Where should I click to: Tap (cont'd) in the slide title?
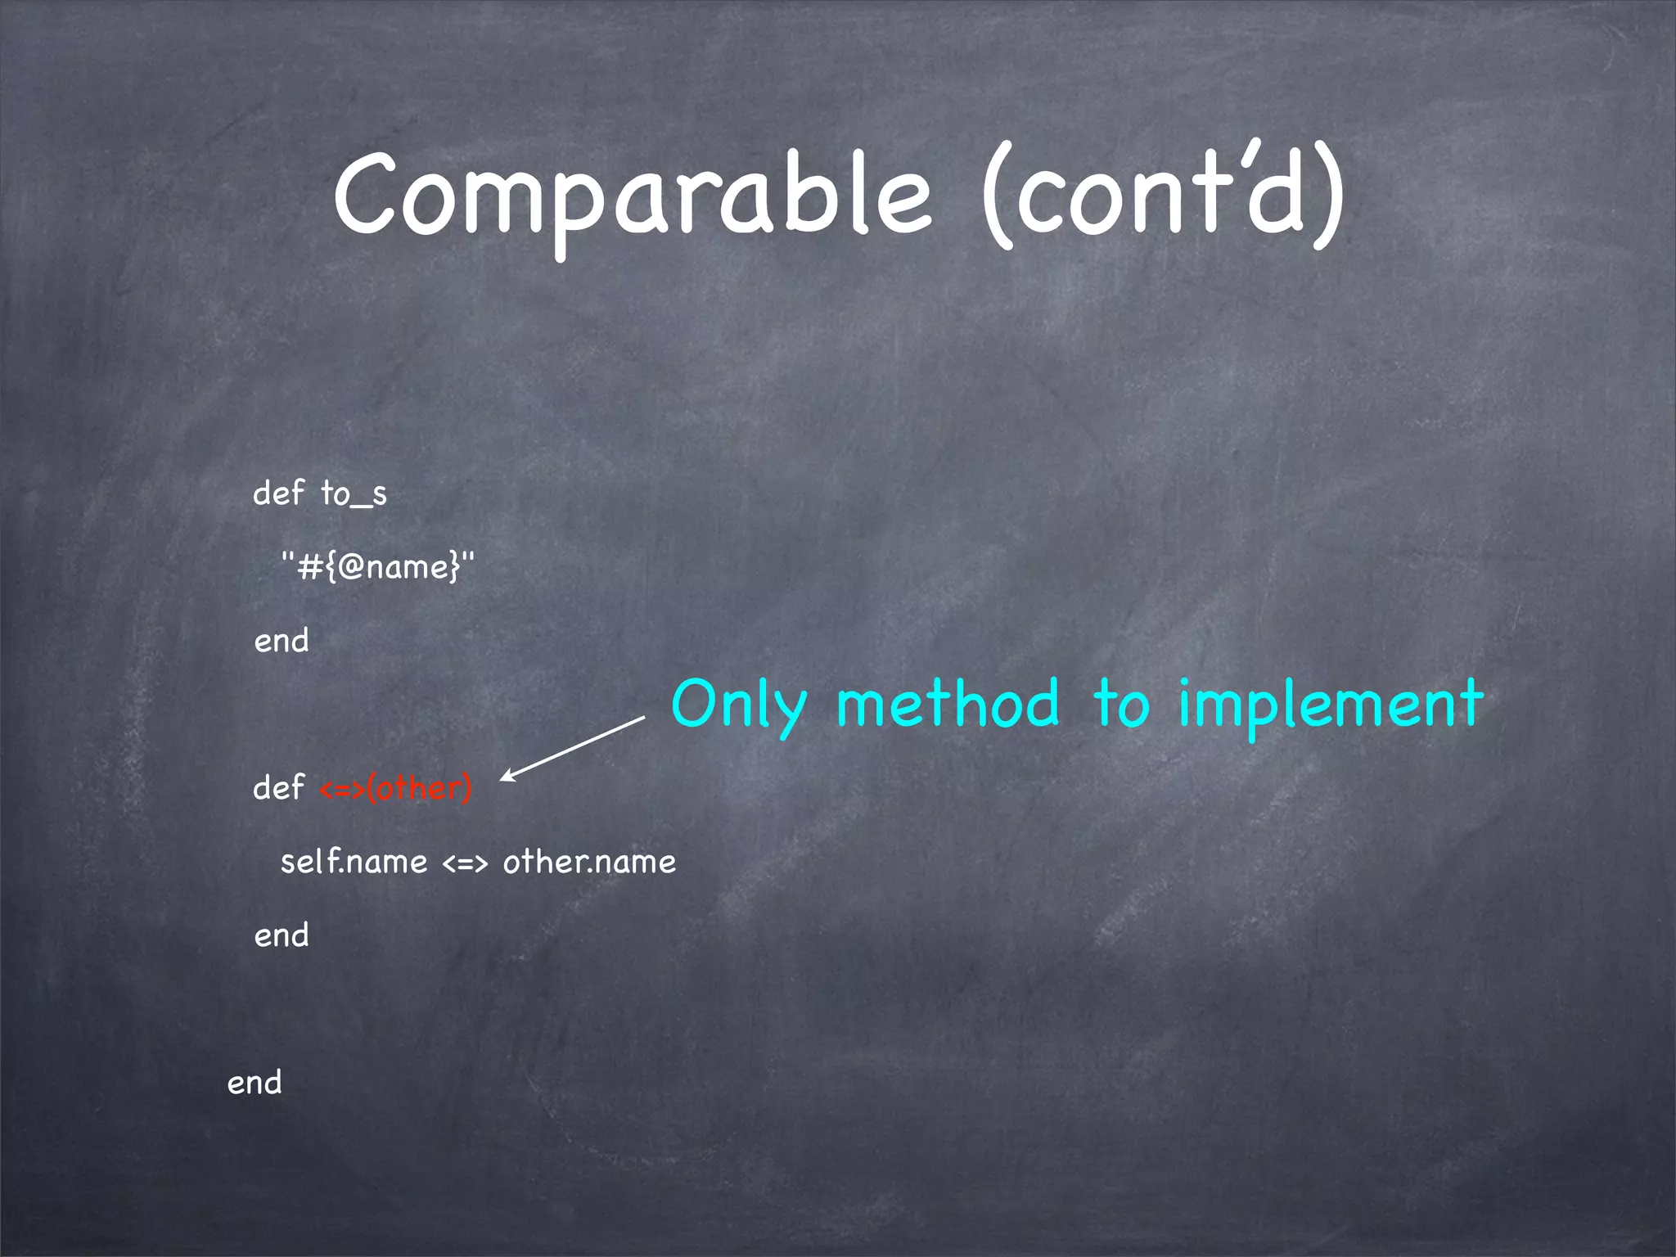(1162, 196)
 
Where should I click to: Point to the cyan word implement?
(1330, 705)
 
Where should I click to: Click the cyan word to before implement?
(1120, 705)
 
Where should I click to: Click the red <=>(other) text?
(395, 788)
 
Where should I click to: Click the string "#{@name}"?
(377, 566)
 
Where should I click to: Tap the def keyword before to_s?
(278, 493)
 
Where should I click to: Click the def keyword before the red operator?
(278, 787)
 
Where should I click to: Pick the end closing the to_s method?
(282, 641)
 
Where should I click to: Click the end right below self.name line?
(282, 935)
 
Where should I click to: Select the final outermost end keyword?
(255, 1083)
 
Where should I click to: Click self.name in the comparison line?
(354, 862)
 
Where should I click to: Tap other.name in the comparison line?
(589, 862)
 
